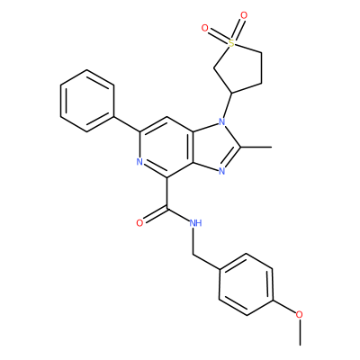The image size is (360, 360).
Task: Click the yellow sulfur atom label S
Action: coord(231,44)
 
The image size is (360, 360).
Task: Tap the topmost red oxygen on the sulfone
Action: coord(244,15)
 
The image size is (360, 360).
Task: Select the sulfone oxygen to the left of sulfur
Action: coord(204,29)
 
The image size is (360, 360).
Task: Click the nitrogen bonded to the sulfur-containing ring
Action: coord(221,121)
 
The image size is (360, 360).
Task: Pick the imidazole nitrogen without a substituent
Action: coord(222,171)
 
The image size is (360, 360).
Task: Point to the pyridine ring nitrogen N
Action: coord(139,162)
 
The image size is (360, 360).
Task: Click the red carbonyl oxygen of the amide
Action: coord(139,223)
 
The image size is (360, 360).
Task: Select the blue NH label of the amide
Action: coord(195,223)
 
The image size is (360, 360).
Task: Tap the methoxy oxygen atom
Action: coord(299,315)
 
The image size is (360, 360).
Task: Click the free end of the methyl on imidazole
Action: coord(272,147)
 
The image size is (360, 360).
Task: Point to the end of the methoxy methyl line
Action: coord(300,345)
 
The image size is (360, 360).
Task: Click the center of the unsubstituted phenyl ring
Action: coord(87,101)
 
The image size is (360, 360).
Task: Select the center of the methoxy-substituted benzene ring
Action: coord(246,284)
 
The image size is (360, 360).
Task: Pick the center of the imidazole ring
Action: coord(214,147)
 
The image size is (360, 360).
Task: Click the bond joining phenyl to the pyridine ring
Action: coord(127,124)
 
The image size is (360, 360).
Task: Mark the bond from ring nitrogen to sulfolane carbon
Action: coord(228,105)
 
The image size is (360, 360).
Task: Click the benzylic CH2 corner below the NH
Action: coord(193,255)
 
